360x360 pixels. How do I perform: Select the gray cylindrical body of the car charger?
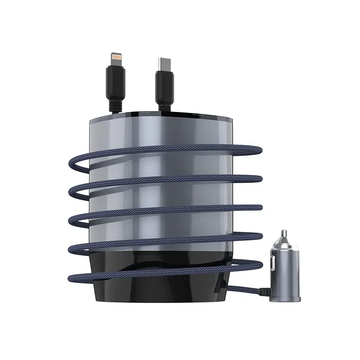(283, 270)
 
